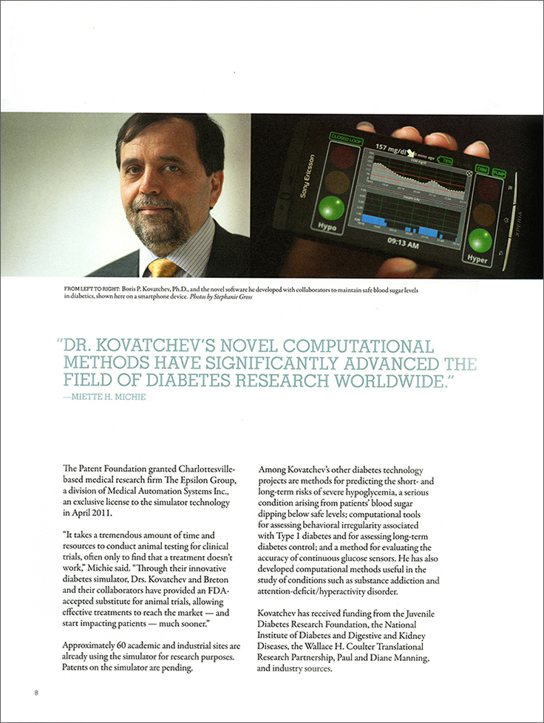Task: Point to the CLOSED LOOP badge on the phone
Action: coord(341,138)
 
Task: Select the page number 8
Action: coord(35,693)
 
